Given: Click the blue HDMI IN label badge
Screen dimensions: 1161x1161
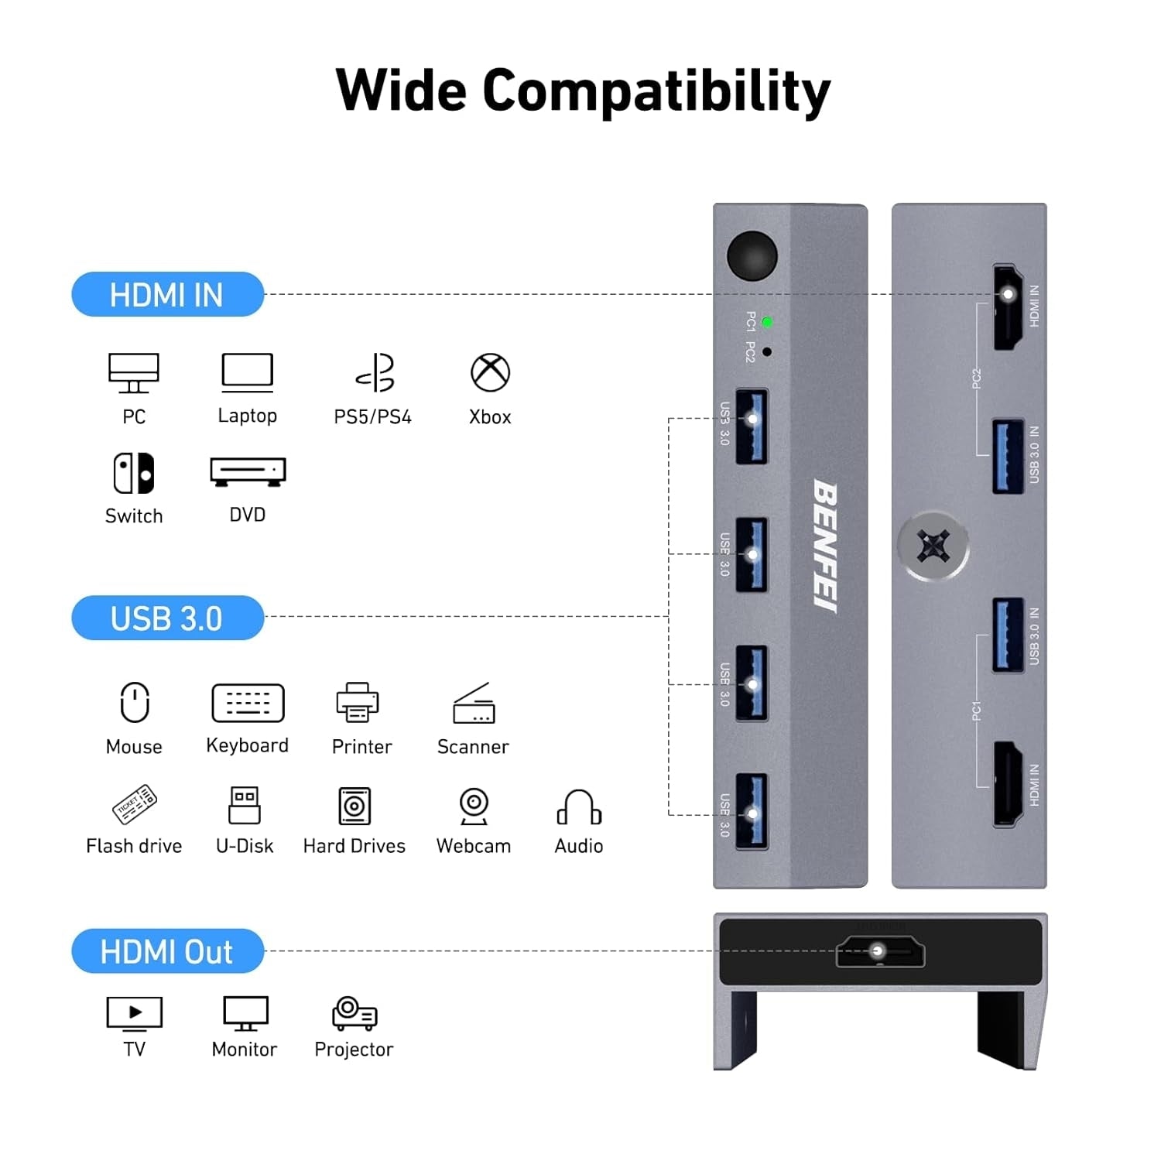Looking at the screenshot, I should [x=167, y=294].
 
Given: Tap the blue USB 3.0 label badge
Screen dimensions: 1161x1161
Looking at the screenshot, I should [x=167, y=618].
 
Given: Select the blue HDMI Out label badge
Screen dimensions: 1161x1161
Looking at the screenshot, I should [x=167, y=951].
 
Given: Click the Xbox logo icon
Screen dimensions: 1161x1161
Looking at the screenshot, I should [x=490, y=373].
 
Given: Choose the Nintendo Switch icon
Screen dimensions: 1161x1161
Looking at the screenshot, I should [x=134, y=473].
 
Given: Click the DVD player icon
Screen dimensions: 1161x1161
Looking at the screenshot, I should [x=248, y=471].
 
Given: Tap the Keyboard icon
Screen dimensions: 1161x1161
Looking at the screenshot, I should [x=248, y=703].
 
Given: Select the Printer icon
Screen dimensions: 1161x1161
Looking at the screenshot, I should [x=358, y=703].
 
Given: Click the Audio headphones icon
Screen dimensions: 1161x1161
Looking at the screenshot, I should [x=579, y=807].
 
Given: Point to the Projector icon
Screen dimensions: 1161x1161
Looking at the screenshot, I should [x=354, y=1013].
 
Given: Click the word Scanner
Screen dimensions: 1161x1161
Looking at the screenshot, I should [x=473, y=747].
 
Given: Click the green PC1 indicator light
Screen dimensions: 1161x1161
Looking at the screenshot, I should [x=767, y=322].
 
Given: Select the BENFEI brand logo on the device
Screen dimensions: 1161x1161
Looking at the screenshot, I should [x=826, y=546].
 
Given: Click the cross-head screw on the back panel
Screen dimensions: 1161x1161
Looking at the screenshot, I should [x=933, y=546].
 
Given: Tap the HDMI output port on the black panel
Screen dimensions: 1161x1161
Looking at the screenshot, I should [x=880, y=952].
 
